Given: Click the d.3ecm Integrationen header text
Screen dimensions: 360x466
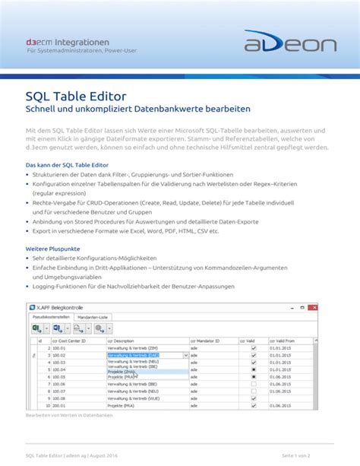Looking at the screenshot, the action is point(67,41).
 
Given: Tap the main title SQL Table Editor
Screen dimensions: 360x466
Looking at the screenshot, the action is point(76,97).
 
